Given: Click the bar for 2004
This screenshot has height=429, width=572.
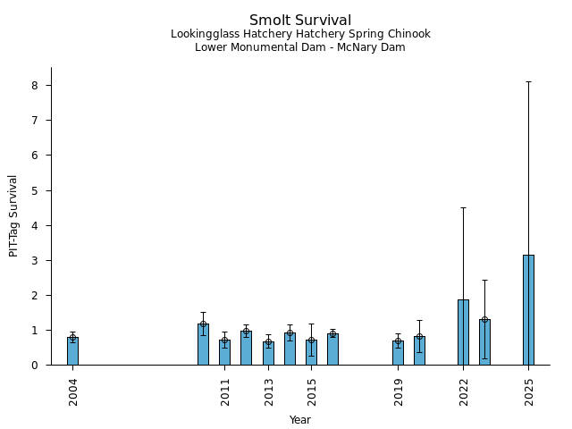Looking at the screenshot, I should [x=72, y=351].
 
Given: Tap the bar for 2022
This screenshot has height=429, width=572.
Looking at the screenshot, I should [x=463, y=332].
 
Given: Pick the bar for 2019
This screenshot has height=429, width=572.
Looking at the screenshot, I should [x=398, y=353].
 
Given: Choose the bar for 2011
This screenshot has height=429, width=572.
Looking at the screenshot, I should [x=224, y=353].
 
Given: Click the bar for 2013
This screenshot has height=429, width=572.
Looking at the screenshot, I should [x=268, y=354].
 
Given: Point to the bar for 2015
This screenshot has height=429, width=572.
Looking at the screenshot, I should [x=311, y=353].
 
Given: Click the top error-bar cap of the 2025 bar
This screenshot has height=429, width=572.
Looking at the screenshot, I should [x=528, y=82].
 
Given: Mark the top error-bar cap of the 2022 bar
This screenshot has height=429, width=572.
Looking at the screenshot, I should [x=463, y=208].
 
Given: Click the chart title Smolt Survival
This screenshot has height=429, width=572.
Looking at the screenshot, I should [x=300, y=21].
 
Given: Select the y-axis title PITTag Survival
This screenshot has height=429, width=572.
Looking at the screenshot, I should [x=13, y=215].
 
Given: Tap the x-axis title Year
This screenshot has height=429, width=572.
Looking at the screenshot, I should [x=300, y=420].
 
